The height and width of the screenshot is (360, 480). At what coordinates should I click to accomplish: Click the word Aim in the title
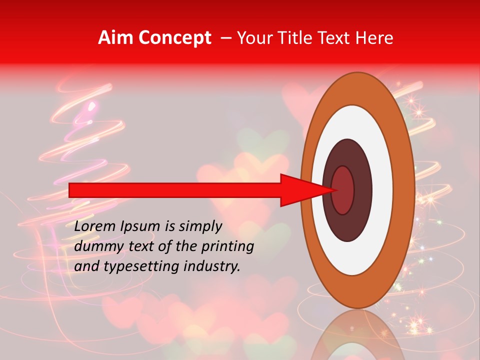pyautogui.click(x=115, y=38)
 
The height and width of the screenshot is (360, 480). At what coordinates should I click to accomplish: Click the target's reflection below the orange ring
pyautogui.click(x=357, y=335)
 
